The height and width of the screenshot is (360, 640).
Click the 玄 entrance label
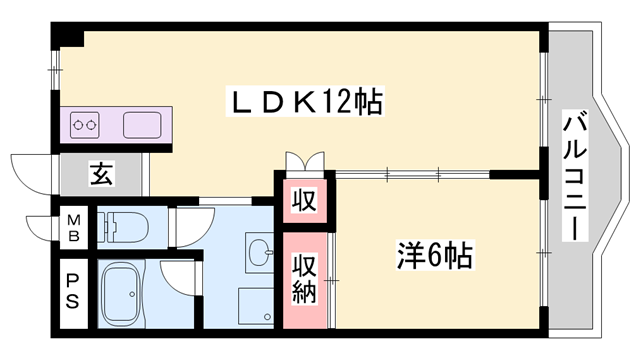pyautogui.click(x=103, y=174)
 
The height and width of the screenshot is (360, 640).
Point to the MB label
pyautogui.click(x=74, y=227)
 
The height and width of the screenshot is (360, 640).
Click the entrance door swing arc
pyautogui.click(x=28, y=170)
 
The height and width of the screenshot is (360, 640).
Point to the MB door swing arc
pyautogui.click(x=40, y=228)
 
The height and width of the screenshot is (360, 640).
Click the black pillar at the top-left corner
pyautogui.click(x=68, y=36)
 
